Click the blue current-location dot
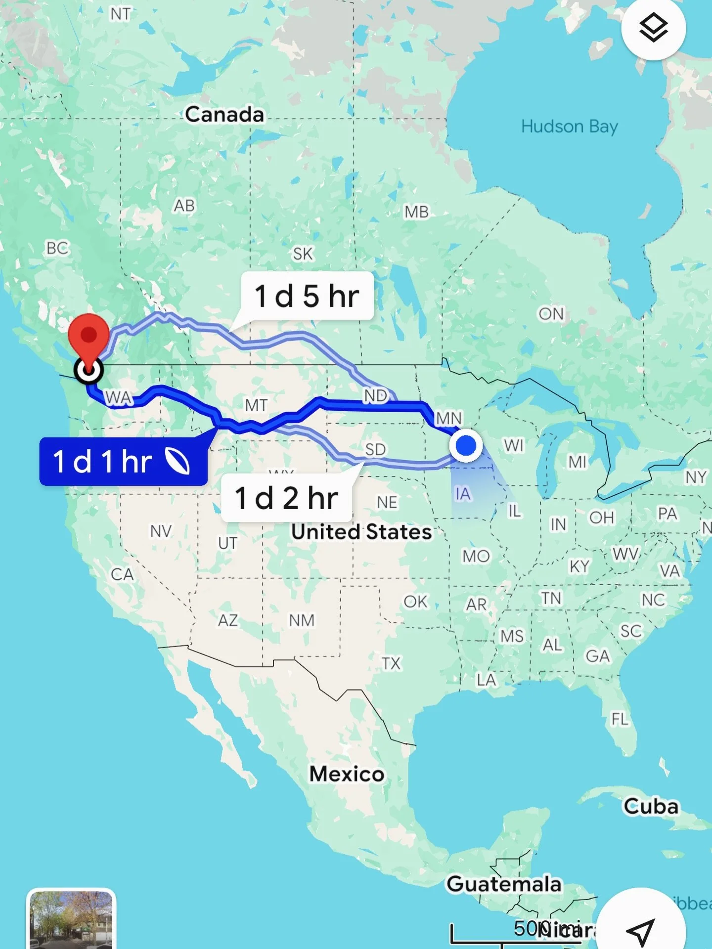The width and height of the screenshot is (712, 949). pyautogui.click(x=466, y=445)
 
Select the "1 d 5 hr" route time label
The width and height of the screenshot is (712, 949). pyautogui.click(x=307, y=296)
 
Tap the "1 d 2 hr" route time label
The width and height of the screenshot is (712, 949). pyautogui.click(x=286, y=498)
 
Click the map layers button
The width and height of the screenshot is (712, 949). pyautogui.click(x=653, y=28)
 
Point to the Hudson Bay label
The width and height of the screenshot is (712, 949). pyautogui.click(x=569, y=127)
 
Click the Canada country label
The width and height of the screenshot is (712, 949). pyautogui.click(x=224, y=115)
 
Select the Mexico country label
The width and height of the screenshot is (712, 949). pyautogui.click(x=347, y=774)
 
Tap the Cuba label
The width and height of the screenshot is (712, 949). pyautogui.click(x=651, y=806)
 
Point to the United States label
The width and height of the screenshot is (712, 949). pyautogui.click(x=361, y=532)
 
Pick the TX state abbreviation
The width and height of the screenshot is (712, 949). pyautogui.click(x=391, y=663)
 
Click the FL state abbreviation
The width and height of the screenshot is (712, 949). pyautogui.click(x=620, y=719)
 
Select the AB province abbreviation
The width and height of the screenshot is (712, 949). pyautogui.click(x=184, y=206)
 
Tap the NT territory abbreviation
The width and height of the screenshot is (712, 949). pyautogui.click(x=120, y=14)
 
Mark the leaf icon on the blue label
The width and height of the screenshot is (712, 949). pyautogui.click(x=177, y=461)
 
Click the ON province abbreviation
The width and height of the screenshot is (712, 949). pyautogui.click(x=551, y=313)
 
